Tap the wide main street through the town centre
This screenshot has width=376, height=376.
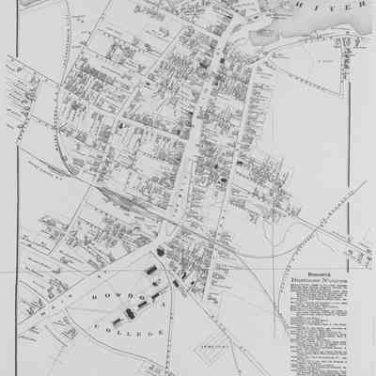point(193,150)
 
